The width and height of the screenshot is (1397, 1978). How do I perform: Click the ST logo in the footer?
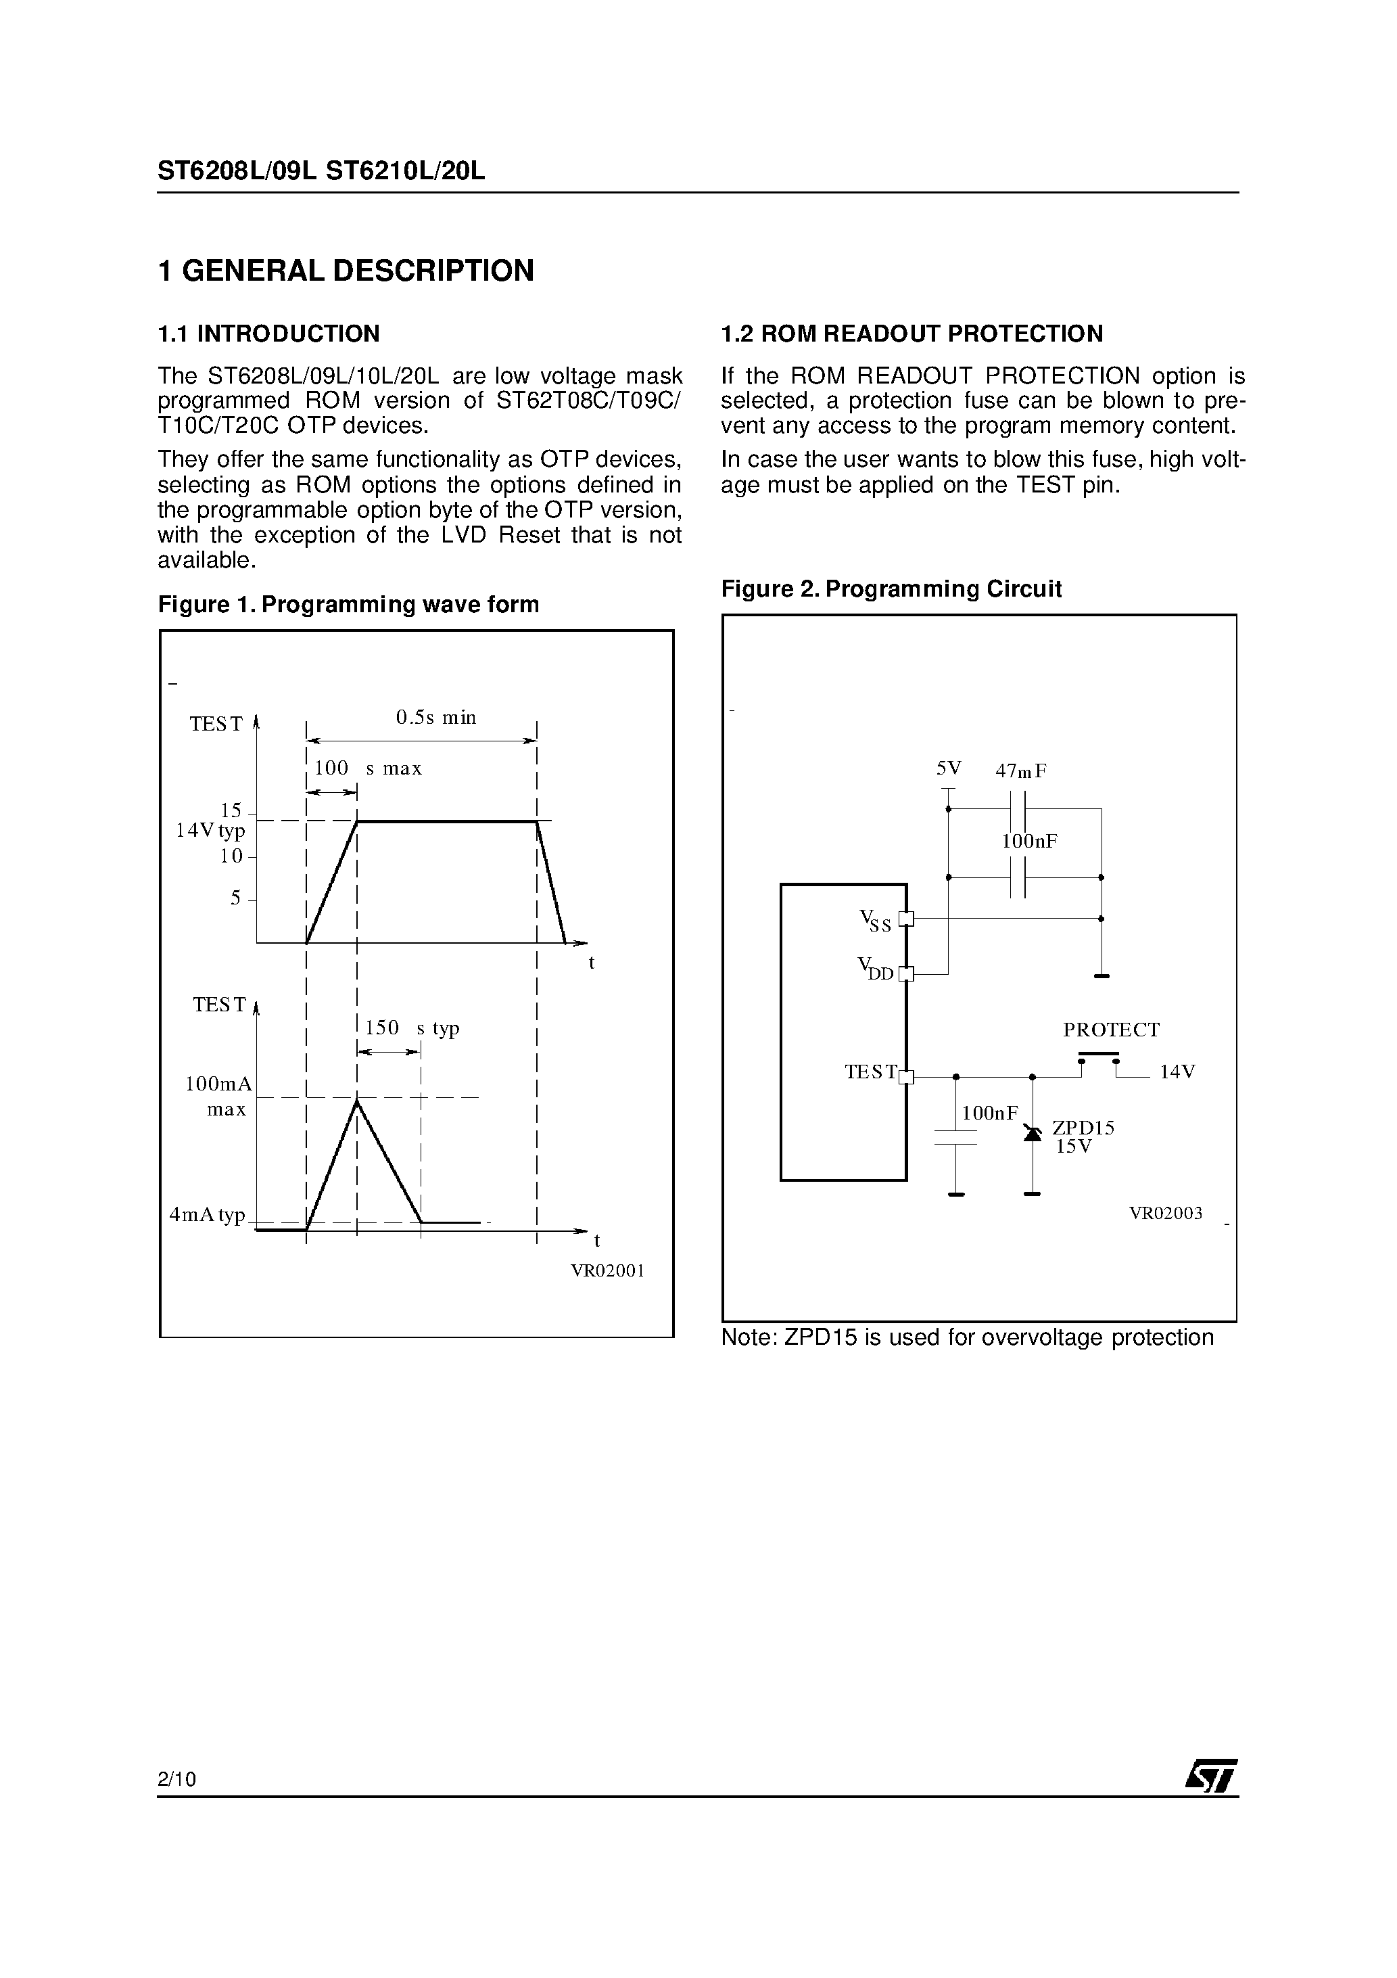coord(1211,1776)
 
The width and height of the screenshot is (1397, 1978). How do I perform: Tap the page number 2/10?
coord(176,1778)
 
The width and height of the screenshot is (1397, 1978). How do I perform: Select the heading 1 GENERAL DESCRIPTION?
coord(346,271)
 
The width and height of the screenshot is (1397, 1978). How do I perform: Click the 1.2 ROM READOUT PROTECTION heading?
coord(911,333)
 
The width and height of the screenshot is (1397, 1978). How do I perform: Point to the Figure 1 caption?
coord(348,605)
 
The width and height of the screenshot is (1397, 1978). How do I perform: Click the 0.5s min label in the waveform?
coord(436,718)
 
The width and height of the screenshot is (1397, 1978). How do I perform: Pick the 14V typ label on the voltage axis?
coord(210,831)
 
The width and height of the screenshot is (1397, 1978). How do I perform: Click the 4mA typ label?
coord(208,1215)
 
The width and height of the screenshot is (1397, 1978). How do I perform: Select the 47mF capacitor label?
coord(1020,771)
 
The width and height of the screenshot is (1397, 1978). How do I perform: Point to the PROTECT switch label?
coord(1111,1030)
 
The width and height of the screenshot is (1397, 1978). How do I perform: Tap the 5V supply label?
coord(948,768)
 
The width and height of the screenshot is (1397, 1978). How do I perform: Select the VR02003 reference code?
coord(1165,1213)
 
